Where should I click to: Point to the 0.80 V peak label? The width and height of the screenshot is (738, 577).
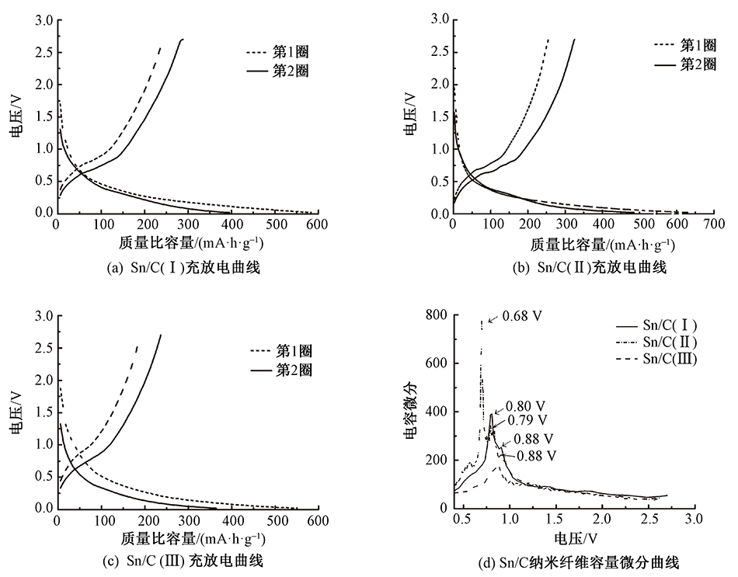526,405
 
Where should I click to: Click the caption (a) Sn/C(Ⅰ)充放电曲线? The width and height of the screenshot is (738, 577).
183,268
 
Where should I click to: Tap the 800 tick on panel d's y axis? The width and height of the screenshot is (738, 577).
438,315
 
